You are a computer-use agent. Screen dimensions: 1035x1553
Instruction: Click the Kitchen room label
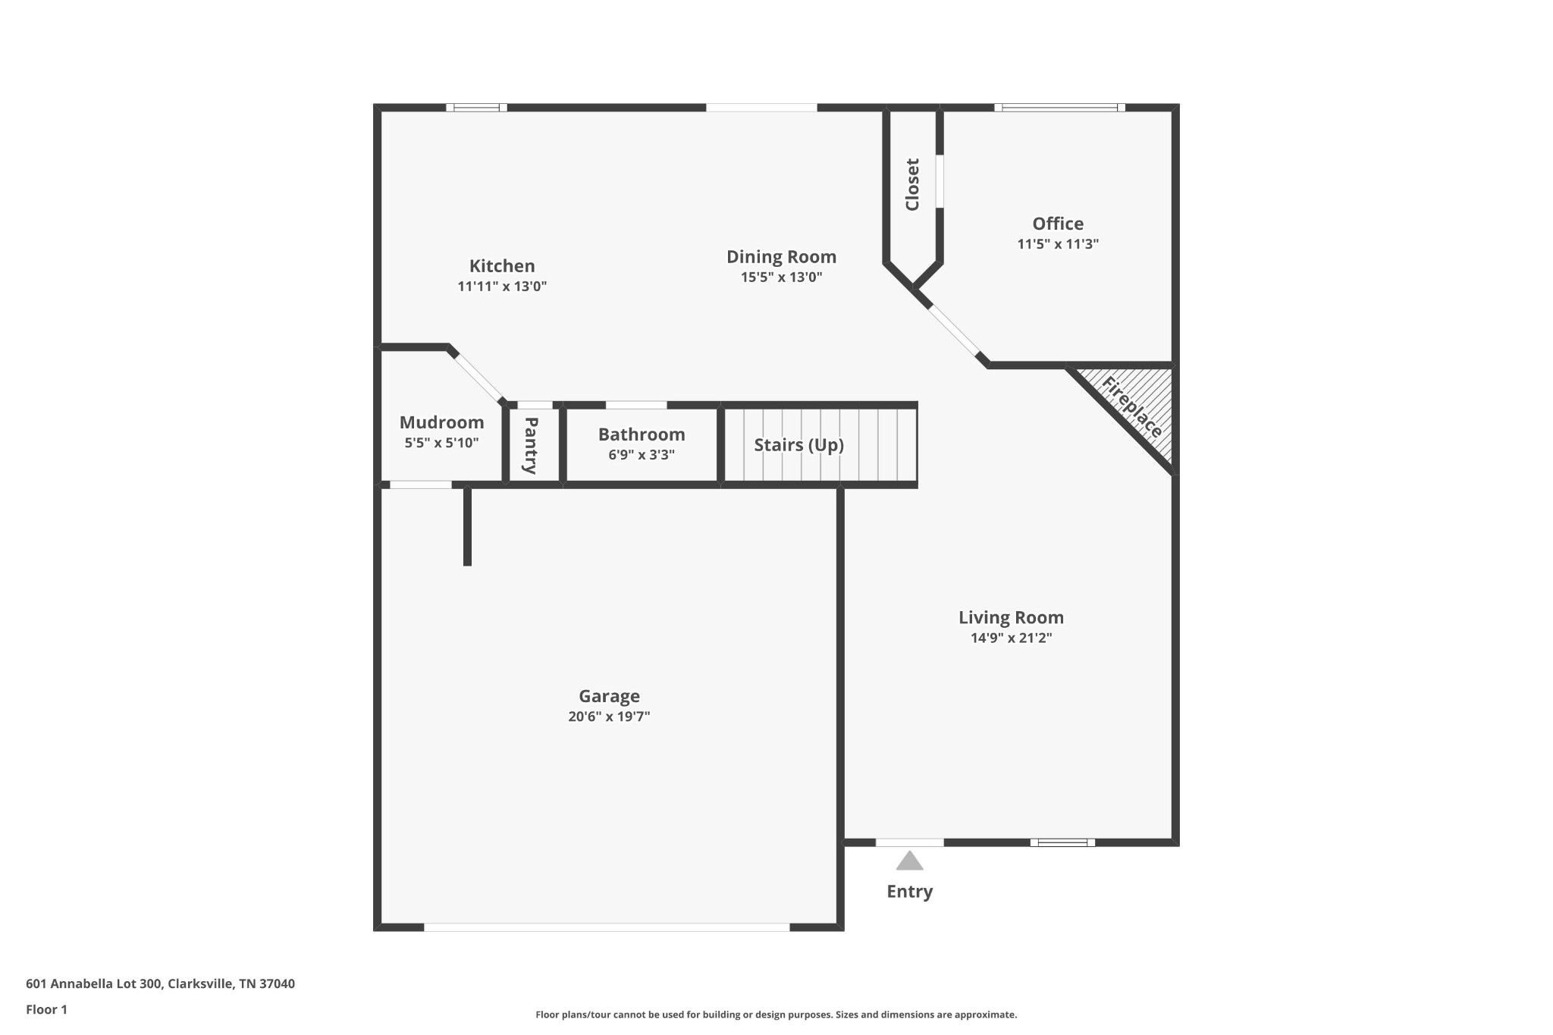501,266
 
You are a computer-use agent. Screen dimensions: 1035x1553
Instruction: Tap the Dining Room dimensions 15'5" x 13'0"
781,278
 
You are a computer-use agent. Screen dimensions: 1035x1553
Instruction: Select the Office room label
1057,224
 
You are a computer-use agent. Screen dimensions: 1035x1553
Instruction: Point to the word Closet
912,184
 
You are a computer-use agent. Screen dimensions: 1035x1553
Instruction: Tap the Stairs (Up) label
798,444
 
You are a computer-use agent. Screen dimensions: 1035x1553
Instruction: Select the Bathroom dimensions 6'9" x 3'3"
641,455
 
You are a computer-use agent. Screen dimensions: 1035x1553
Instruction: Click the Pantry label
531,445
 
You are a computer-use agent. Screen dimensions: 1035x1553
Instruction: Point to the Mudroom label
441,422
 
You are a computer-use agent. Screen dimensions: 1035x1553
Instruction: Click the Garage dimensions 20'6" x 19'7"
609,717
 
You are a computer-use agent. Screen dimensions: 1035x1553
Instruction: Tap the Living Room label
1011,617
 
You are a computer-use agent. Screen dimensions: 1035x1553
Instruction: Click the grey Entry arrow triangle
909,861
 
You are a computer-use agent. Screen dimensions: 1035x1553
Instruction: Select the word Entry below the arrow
909,892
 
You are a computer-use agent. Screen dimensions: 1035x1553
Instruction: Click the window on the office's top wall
1059,108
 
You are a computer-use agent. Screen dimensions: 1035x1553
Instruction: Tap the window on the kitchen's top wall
476,108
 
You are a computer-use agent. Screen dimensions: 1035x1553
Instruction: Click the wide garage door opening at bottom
607,927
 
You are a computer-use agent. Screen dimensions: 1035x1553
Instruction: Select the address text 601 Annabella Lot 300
94,983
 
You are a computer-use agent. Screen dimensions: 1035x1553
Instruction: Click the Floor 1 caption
46,1009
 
